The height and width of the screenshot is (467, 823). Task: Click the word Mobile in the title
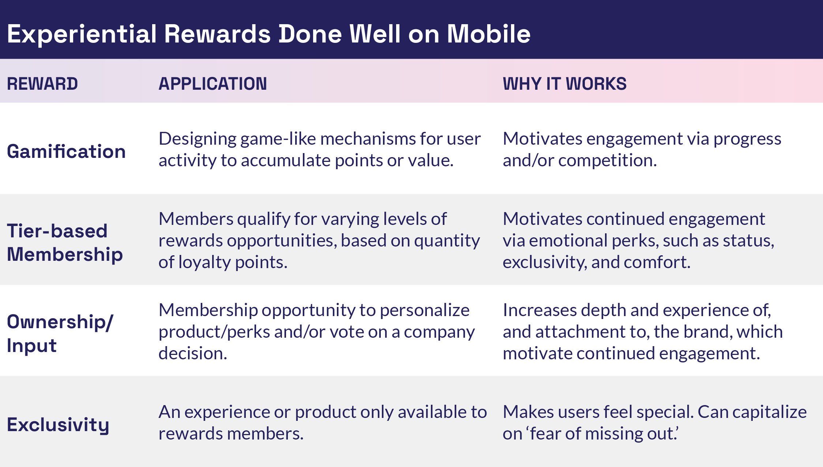489,34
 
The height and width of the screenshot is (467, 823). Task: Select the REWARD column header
42,84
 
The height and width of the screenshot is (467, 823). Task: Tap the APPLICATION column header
213,84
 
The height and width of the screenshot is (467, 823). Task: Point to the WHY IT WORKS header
564,84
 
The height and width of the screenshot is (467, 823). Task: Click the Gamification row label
66,152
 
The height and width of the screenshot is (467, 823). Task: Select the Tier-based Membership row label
64,242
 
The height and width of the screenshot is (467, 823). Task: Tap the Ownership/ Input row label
60,333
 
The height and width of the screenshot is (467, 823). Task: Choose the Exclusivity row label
58,425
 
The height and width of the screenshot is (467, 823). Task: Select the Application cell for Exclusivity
322,423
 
